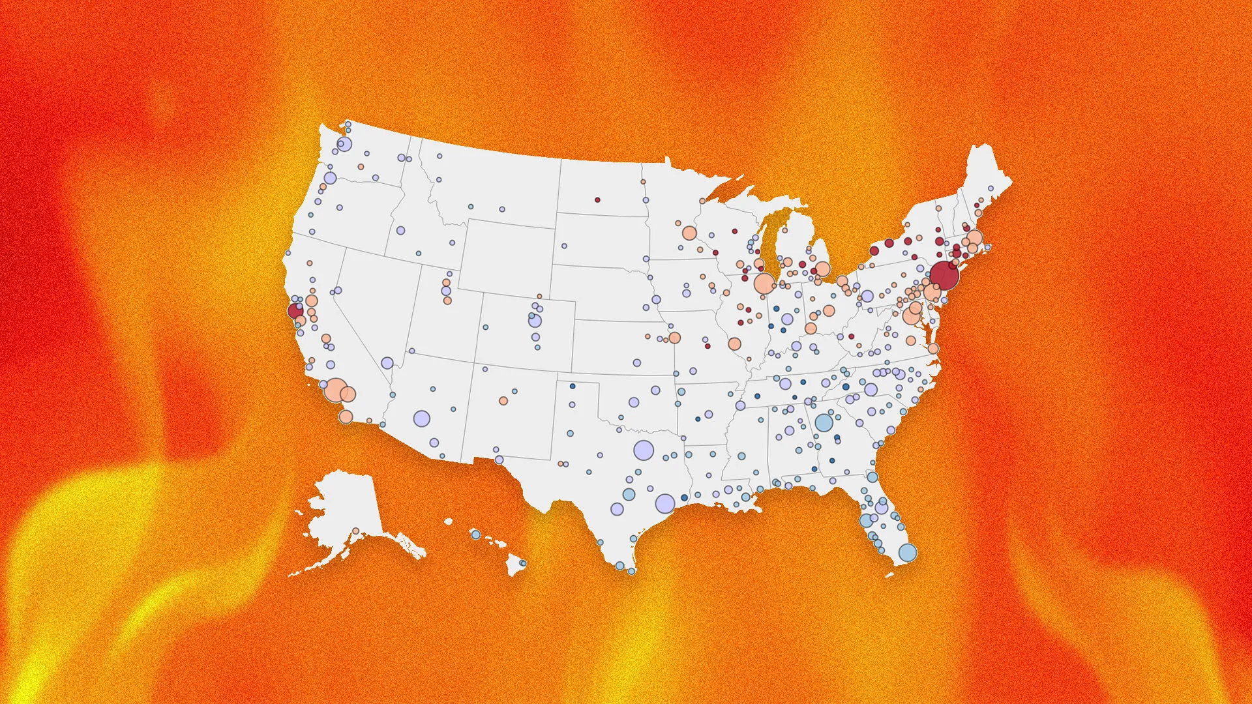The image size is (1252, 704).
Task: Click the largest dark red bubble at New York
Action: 944,275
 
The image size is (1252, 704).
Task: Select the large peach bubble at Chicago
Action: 764,284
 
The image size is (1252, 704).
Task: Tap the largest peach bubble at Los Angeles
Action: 336,390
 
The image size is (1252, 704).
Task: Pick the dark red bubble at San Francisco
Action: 295,310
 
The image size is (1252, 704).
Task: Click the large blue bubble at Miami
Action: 907,553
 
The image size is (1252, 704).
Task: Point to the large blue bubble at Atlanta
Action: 824,422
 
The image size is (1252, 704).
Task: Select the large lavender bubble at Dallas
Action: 643,450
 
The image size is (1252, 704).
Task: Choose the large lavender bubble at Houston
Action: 665,503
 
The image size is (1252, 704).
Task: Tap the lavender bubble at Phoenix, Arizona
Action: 422,418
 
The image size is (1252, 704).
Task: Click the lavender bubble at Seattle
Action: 344,144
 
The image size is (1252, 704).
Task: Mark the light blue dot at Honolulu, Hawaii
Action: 476,535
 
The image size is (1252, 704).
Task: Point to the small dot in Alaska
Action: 355,531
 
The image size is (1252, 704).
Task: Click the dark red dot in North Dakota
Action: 597,199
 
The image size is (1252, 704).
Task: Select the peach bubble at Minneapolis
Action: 689,233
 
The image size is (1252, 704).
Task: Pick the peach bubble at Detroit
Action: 822,269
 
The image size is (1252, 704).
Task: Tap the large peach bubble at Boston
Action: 974,238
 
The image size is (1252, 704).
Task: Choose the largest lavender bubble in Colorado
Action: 535,321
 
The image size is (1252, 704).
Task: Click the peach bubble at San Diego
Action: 346,417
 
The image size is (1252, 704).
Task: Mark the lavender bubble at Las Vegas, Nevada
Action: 387,363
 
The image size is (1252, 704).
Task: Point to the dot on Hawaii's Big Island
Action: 523,563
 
